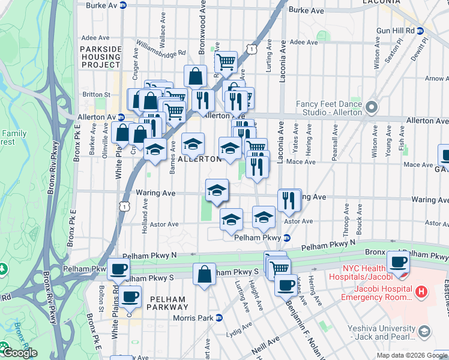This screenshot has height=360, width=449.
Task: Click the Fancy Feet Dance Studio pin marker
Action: tap(371, 108)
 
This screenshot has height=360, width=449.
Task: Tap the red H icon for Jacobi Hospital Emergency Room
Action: tap(421, 293)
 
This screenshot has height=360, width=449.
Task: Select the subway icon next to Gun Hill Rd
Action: tap(420, 31)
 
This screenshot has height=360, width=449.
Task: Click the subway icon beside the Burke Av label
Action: tap(123, 5)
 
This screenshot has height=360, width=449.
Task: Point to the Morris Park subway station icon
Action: tap(219, 317)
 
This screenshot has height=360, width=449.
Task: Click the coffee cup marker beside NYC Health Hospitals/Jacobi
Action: tap(398, 262)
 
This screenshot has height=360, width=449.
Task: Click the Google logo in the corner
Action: tap(19, 352)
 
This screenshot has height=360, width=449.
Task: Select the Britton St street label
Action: tap(96, 94)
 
